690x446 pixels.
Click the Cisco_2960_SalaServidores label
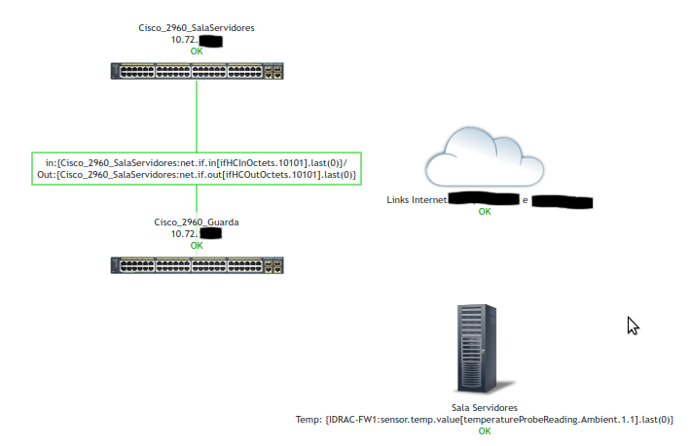(197, 29)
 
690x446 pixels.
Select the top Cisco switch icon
(197, 71)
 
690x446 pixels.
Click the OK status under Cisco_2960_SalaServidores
(197, 51)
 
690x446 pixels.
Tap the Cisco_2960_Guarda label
(197, 223)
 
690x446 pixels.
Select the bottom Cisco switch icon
(197, 264)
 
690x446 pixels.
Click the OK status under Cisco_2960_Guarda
(197, 245)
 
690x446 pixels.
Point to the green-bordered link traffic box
(197, 168)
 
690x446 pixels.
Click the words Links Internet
(417, 201)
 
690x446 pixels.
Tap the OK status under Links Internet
(485, 212)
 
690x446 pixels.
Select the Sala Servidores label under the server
(485, 408)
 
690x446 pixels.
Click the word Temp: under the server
(309, 420)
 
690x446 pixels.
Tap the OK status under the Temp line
(485, 430)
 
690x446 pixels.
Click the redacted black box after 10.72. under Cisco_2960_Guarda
(211, 234)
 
